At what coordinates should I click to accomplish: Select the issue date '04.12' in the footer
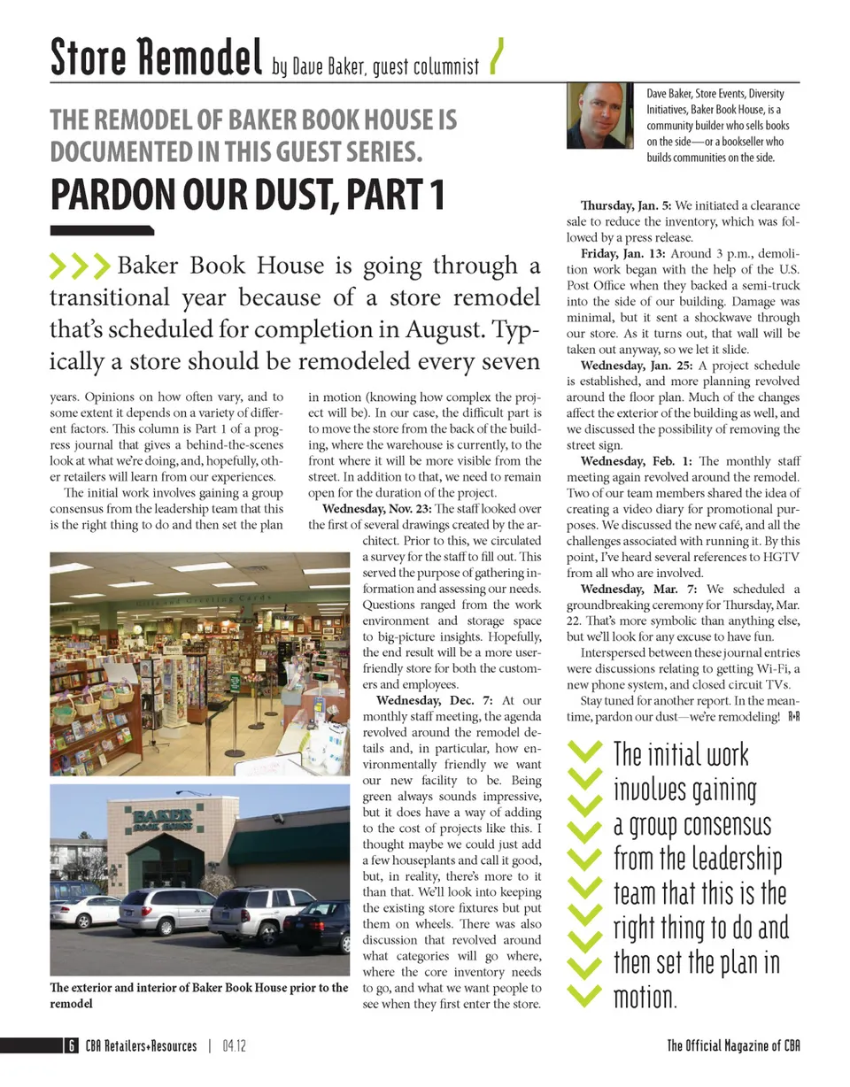(x=234, y=1046)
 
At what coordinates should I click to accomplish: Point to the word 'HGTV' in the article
(x=779, y=558)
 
